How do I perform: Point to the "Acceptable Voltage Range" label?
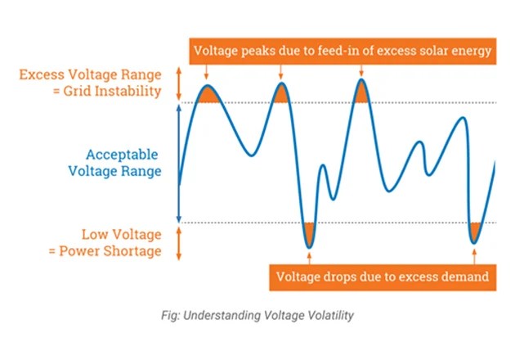point(123,163)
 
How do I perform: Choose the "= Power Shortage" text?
point(116,250)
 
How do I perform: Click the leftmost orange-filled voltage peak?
point(207,94)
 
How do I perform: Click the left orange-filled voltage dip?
point(308,233)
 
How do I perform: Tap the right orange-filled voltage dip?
point(476,231)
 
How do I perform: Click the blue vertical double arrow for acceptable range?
point(178,163)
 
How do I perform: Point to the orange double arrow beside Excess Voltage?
point(178,83)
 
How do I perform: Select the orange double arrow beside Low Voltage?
point(178,242)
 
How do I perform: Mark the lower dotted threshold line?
point(392,222)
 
